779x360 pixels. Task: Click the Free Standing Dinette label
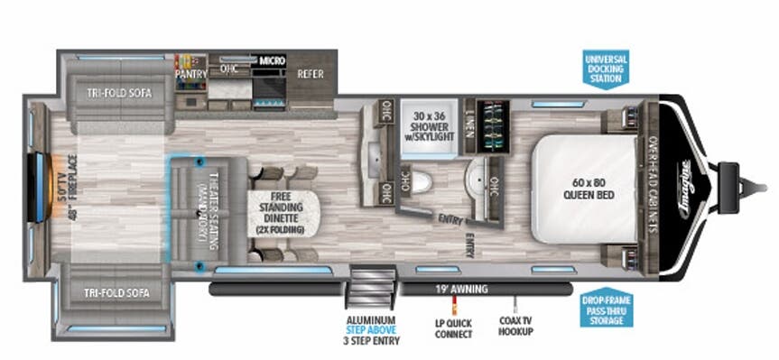click(280, 213)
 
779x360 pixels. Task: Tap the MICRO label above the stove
click(272, 60)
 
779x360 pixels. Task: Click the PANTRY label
click(191, 73)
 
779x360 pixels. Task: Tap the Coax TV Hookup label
click(515, 327)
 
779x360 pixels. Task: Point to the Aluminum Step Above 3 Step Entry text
click(371, 329)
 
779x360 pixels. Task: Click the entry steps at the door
click(372, 287)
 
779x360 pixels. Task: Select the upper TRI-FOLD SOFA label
click(120, 92)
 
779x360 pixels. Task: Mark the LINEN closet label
click(469, 125)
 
